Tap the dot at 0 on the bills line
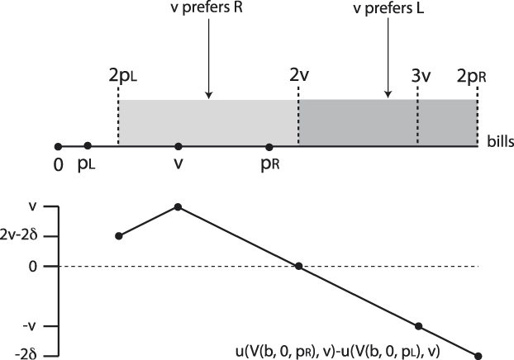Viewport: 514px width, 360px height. coord(58,146)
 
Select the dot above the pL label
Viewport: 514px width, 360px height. coord(88,146)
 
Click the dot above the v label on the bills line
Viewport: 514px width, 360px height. coord(177,146)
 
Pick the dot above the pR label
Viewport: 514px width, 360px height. coord(269,146)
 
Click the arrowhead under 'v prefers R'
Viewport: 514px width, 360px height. coord(208,92)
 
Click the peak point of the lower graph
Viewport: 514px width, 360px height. coord(177,206)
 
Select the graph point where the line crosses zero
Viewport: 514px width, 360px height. coord(298,266)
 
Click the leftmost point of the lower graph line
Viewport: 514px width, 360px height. coord(119,236)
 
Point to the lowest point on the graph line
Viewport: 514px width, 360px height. coord(478,356)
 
